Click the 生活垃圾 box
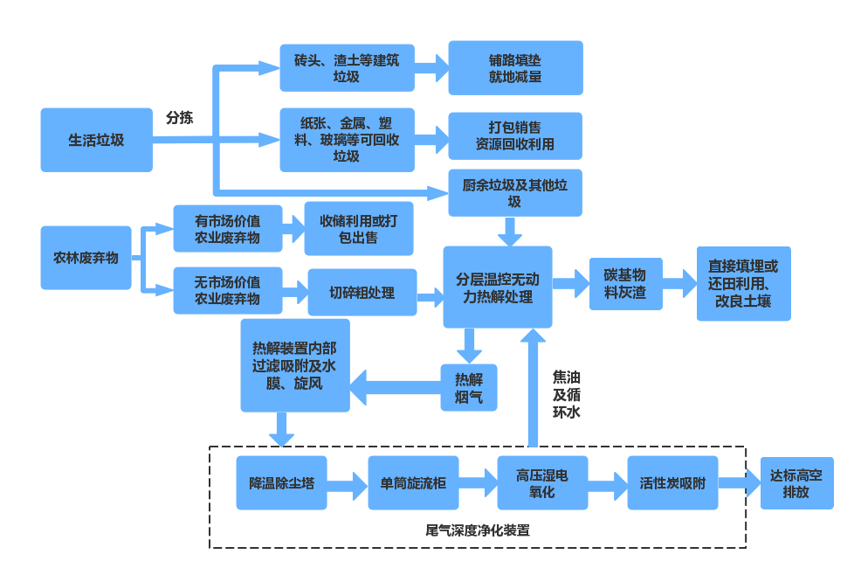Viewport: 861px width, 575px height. tap(96, 140)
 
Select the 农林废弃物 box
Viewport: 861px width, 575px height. tap(86, 258)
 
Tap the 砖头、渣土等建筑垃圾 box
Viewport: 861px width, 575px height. tap(347, 68)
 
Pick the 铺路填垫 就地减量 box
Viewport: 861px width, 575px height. tap(515, 68)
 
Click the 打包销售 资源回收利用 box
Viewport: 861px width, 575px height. tap(515, 135)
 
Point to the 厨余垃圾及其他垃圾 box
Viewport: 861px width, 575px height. tap(515, 193)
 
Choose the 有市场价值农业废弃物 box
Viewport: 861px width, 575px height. tap(227, 229)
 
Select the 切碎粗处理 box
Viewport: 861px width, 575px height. tap(362, 292)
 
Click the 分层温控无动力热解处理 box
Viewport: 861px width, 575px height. tap(498, 287)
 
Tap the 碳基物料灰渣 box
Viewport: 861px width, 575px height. tap(625, 283)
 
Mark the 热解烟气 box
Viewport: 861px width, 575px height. tap(469, 387)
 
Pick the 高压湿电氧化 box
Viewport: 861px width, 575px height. tap(542, 482)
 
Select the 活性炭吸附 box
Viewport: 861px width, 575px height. tap(672, 482)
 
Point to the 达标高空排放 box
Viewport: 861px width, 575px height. tap(796, 482)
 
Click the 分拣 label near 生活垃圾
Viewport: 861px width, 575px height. tap(180, 117)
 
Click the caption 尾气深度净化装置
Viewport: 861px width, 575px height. tap(477, 530)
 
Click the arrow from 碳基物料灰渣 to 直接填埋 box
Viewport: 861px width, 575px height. tap(679, 283)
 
